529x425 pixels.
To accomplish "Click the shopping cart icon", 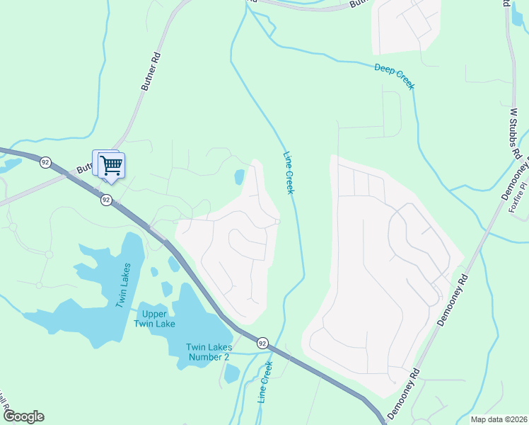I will (111, 166).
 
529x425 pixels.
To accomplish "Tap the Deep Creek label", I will (394, 76).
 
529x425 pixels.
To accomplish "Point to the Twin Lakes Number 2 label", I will (208, 352).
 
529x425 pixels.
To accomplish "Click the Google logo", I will (23, 416).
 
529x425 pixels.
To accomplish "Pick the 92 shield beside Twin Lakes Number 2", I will (262, 343).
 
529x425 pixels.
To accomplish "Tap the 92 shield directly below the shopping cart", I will (105, 200).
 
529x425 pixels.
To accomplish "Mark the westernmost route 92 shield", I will (46, 162).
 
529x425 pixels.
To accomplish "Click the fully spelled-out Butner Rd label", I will (151, 71).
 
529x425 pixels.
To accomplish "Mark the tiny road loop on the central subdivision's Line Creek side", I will (278, 222).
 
